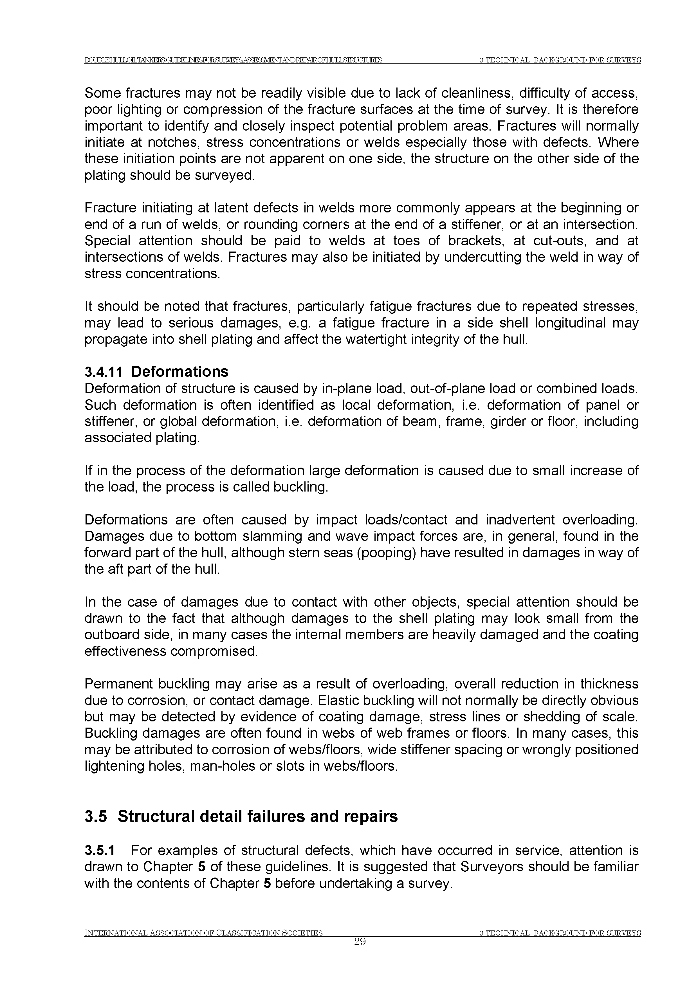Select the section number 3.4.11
(104, 371)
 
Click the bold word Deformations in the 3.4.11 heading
(180, 371)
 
